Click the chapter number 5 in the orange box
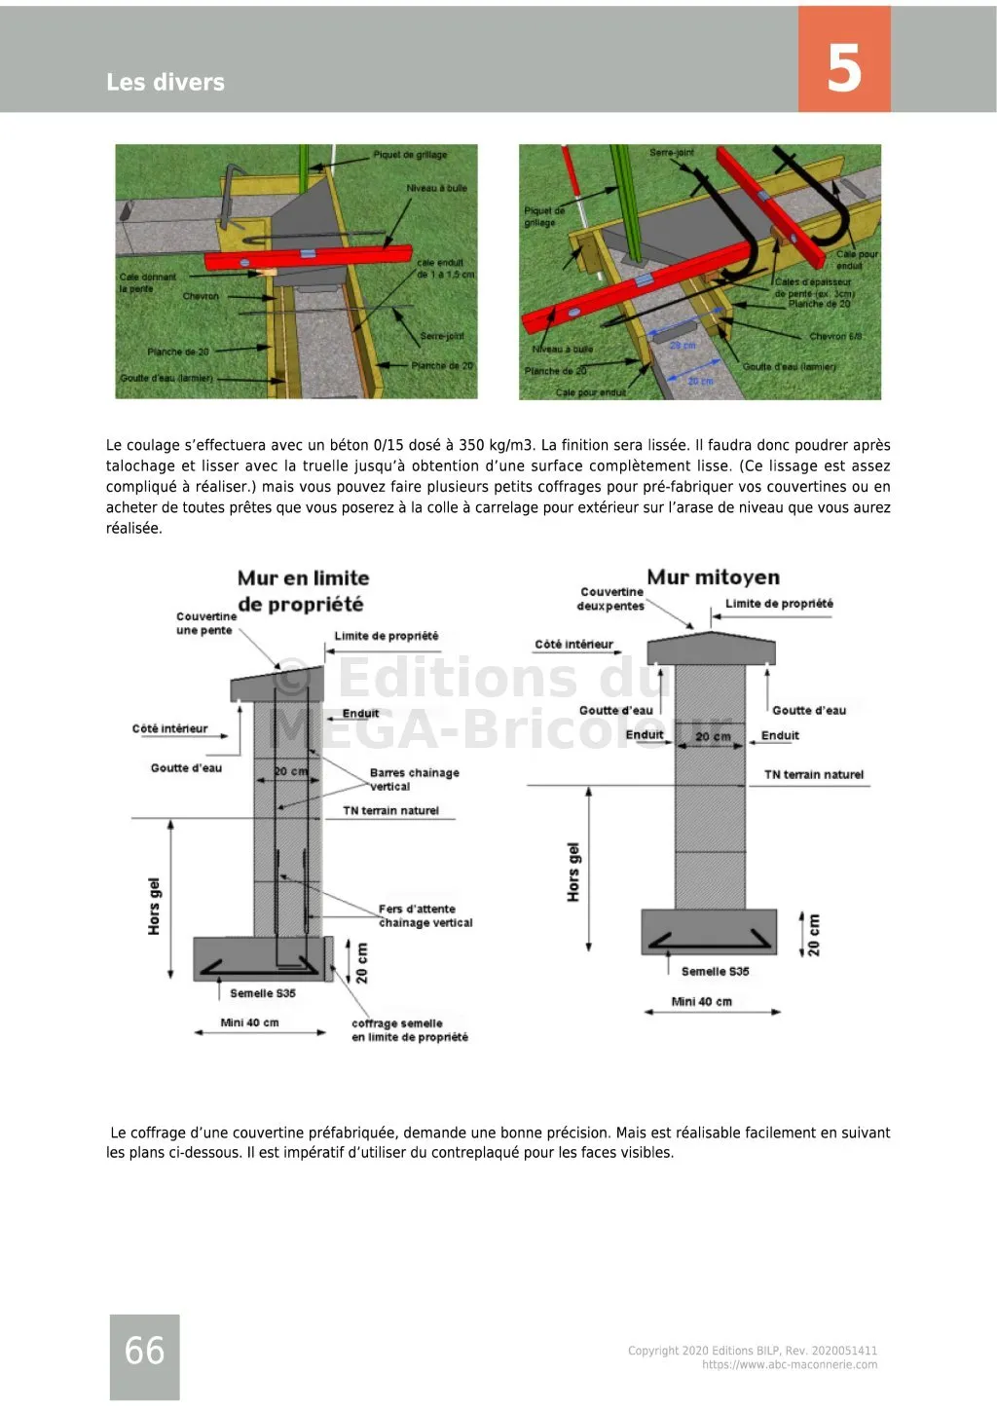click(x=844, y=67)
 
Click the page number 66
click(x=144, y=1350)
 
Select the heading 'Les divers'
click(x=166, y=83)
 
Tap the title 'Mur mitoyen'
click(x=713, y=577)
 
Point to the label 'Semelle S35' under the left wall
click(x=263, y=993)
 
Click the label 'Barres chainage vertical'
click(x=413, y=779)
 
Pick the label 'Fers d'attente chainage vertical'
click(x=425, y=915)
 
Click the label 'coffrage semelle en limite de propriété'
click(x=409, y=1030)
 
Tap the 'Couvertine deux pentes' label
click(x=611, y=599)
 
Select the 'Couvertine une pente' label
click(x=205, y=623)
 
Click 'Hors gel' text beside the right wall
click(x=573, y=872)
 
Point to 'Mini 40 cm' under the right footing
click(x=701, y=1001)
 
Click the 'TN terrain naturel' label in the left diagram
click(x=390, y=810)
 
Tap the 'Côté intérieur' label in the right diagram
click(x=573, y=645)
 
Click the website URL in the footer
click(x=789, y=1364)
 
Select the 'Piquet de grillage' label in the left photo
click(x=410, y=155)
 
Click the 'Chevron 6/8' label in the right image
click(x=835, y=337)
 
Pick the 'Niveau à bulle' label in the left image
click(x=436, y=188)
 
